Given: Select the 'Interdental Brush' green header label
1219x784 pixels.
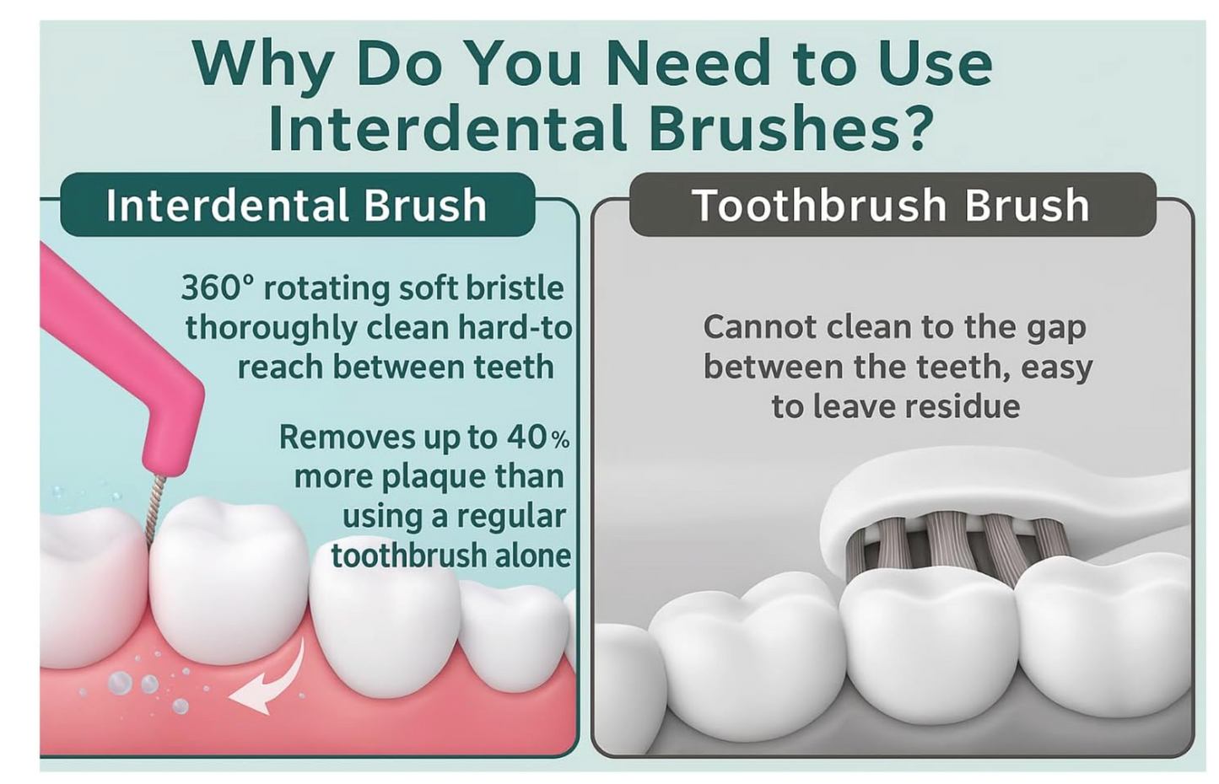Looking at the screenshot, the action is coord(297,205).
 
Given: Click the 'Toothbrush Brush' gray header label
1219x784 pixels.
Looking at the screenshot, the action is coord(892,205).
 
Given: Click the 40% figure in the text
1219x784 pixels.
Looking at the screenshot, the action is coord(538,437).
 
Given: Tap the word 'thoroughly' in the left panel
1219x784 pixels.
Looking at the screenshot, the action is coord(272,329).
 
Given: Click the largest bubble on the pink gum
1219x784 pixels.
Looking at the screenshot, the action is coord(120,682).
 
